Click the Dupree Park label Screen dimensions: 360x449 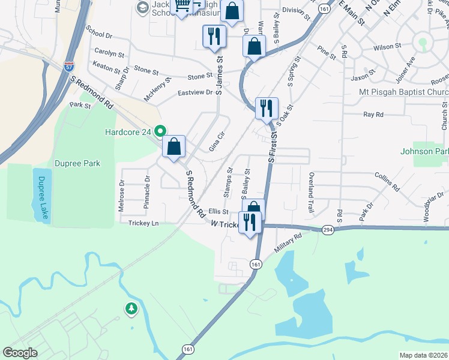(76, 163)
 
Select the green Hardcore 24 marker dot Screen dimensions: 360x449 (160, 130)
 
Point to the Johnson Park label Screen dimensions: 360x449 (424, 152)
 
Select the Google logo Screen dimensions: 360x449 (20, 352)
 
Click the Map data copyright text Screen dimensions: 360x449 (423, 355)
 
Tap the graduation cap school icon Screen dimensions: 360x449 (142, 8)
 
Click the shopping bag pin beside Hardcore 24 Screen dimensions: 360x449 (173, 146)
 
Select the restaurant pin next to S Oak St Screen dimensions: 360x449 (267, 109)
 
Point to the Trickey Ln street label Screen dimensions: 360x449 (143, 223)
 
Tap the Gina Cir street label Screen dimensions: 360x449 (216, 141)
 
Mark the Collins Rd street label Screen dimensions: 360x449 (387, 181)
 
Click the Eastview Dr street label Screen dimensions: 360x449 (195, 92)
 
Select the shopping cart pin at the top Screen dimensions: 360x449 (182, 7)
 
